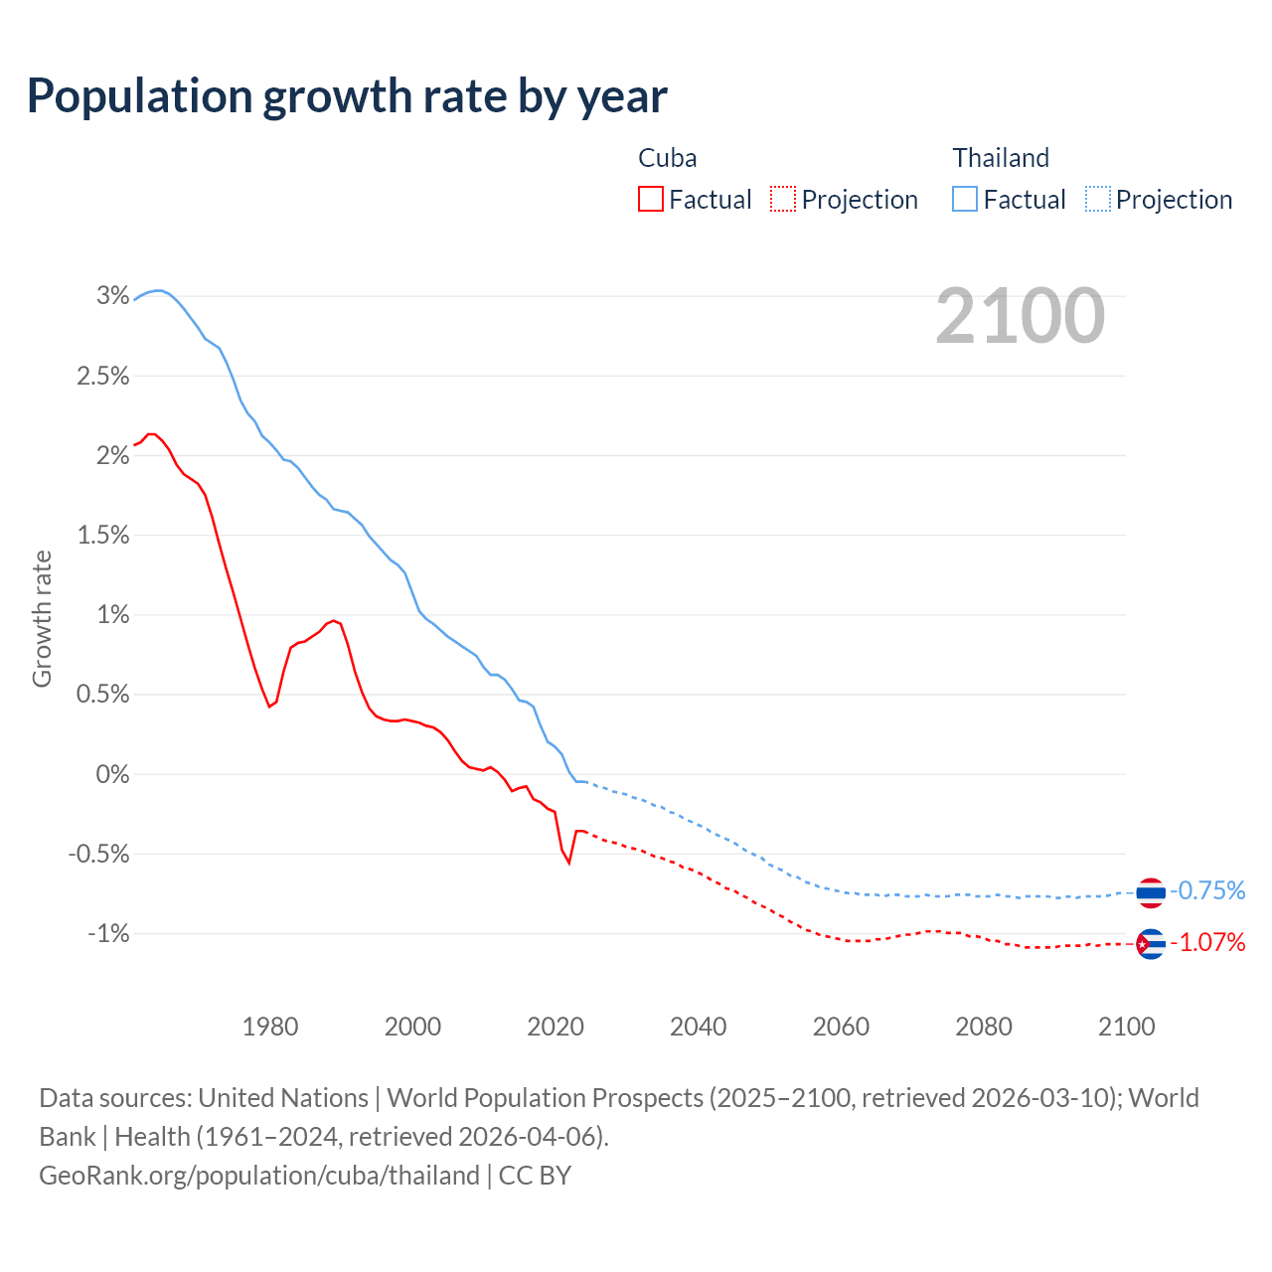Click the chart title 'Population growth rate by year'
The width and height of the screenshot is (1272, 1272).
pos(347,96)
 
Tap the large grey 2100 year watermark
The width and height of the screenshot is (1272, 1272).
pos(1020,316)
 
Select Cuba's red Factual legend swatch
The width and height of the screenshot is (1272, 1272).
pos(650,200)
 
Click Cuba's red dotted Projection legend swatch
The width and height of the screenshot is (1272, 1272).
pos(783,200)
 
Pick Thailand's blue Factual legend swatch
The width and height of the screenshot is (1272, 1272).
pos(964,200)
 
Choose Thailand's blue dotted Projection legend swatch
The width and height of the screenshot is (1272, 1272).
pos(1097,200)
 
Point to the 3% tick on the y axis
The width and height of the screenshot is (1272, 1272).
pos(112,295)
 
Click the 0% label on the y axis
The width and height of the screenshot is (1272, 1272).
pos(112,774)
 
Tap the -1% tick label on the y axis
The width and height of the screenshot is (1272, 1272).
pos(108,933)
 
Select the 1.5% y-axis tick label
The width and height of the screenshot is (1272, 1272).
pos(102,535)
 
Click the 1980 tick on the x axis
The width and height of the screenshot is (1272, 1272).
pos(270,1027)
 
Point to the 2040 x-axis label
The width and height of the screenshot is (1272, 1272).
pos(698,1027)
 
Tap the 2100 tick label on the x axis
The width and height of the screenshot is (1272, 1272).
pos(1126,1027)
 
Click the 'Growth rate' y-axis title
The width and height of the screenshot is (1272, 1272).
pos(42,618)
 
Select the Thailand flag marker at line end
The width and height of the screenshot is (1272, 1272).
pos(1151,892)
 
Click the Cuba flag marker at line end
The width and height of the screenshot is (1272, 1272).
pos(1151,943)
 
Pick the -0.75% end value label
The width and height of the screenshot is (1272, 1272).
pos(1207,890)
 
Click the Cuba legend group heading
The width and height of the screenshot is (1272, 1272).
pos(667,158)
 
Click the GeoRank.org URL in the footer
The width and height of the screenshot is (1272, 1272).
pos(259,1176)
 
